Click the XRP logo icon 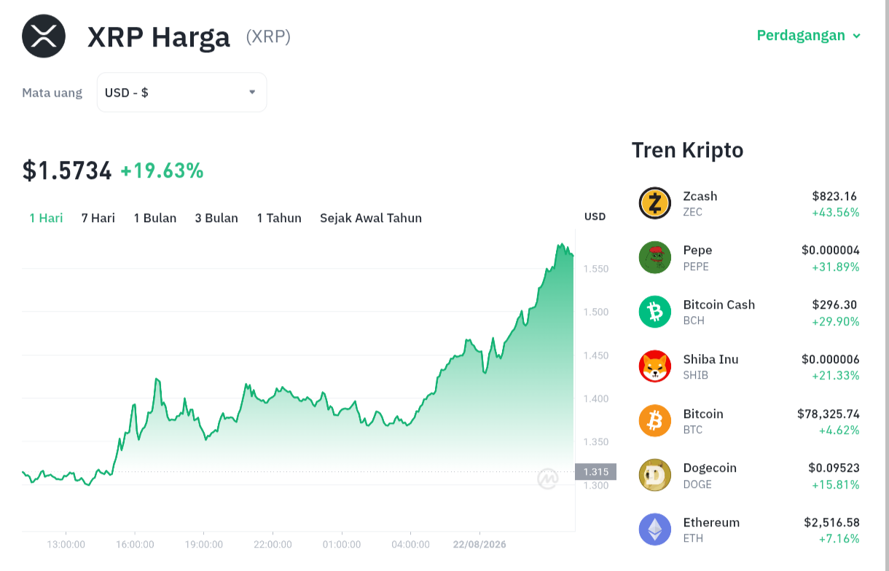click(x=44, y=36)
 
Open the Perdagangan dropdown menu click(x=808, y=35)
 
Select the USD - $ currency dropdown click(x=181, y=92)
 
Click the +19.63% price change click(x=162, y=170)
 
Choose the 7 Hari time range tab click(x=98, y=218)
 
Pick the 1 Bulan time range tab click(x=154, y=218)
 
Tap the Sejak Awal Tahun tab click(x=371, y=218)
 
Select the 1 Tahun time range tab click(x=279, y=218)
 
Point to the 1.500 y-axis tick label click(x=596, y=312)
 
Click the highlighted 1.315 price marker click(x=596, y=472)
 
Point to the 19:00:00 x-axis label click(x=203, y=544)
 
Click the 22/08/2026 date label click(x=479, y=544)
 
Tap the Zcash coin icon click(x=655, y=203)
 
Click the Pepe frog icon click(x=655, y=258)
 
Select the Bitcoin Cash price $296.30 click(x=834, y=304)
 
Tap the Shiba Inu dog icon click(x=655, y=366)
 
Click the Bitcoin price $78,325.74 click(x=829, y=414)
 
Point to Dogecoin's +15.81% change click(x=835, y=484)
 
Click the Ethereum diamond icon click(x=655, y=529)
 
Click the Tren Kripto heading click(x=687, y=150)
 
